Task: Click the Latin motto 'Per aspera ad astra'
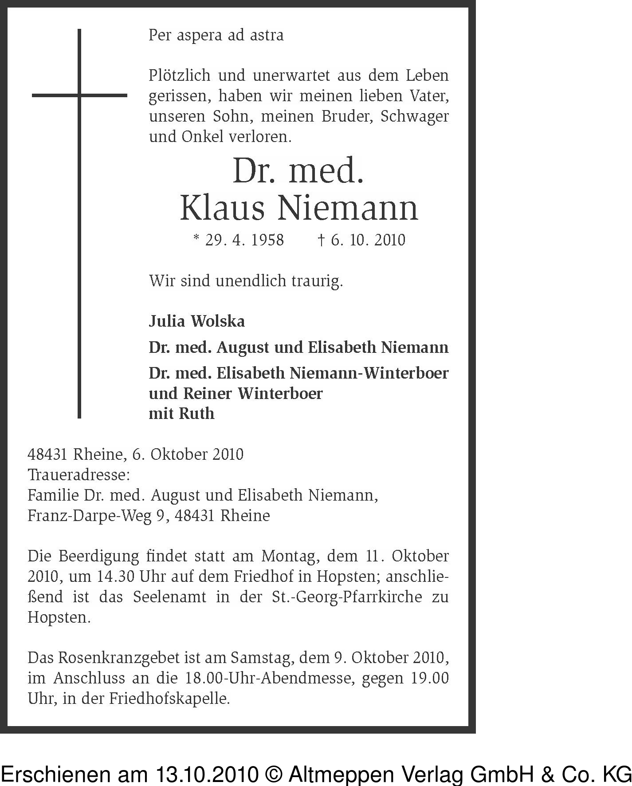[x=216, y=35]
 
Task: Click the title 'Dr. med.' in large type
[x=298, y=171]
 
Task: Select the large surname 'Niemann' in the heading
[x=348, y=208]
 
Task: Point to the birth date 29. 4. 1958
[x=239, y=240]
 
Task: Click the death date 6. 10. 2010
[x=362, y=240]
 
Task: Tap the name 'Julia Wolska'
[x=196, y=321]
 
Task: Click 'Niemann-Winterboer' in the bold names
[x=369, y=373]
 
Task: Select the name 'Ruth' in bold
[x=196, y=414]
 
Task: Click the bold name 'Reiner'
[x=208, y=393]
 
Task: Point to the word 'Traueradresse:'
[x=79, y=475]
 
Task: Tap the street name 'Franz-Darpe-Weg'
[x=89, y=516]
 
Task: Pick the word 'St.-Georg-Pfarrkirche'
[x=346, y=597]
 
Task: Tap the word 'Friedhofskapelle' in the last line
[x=169, y=699]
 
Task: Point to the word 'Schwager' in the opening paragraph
[x=414, y=116]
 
